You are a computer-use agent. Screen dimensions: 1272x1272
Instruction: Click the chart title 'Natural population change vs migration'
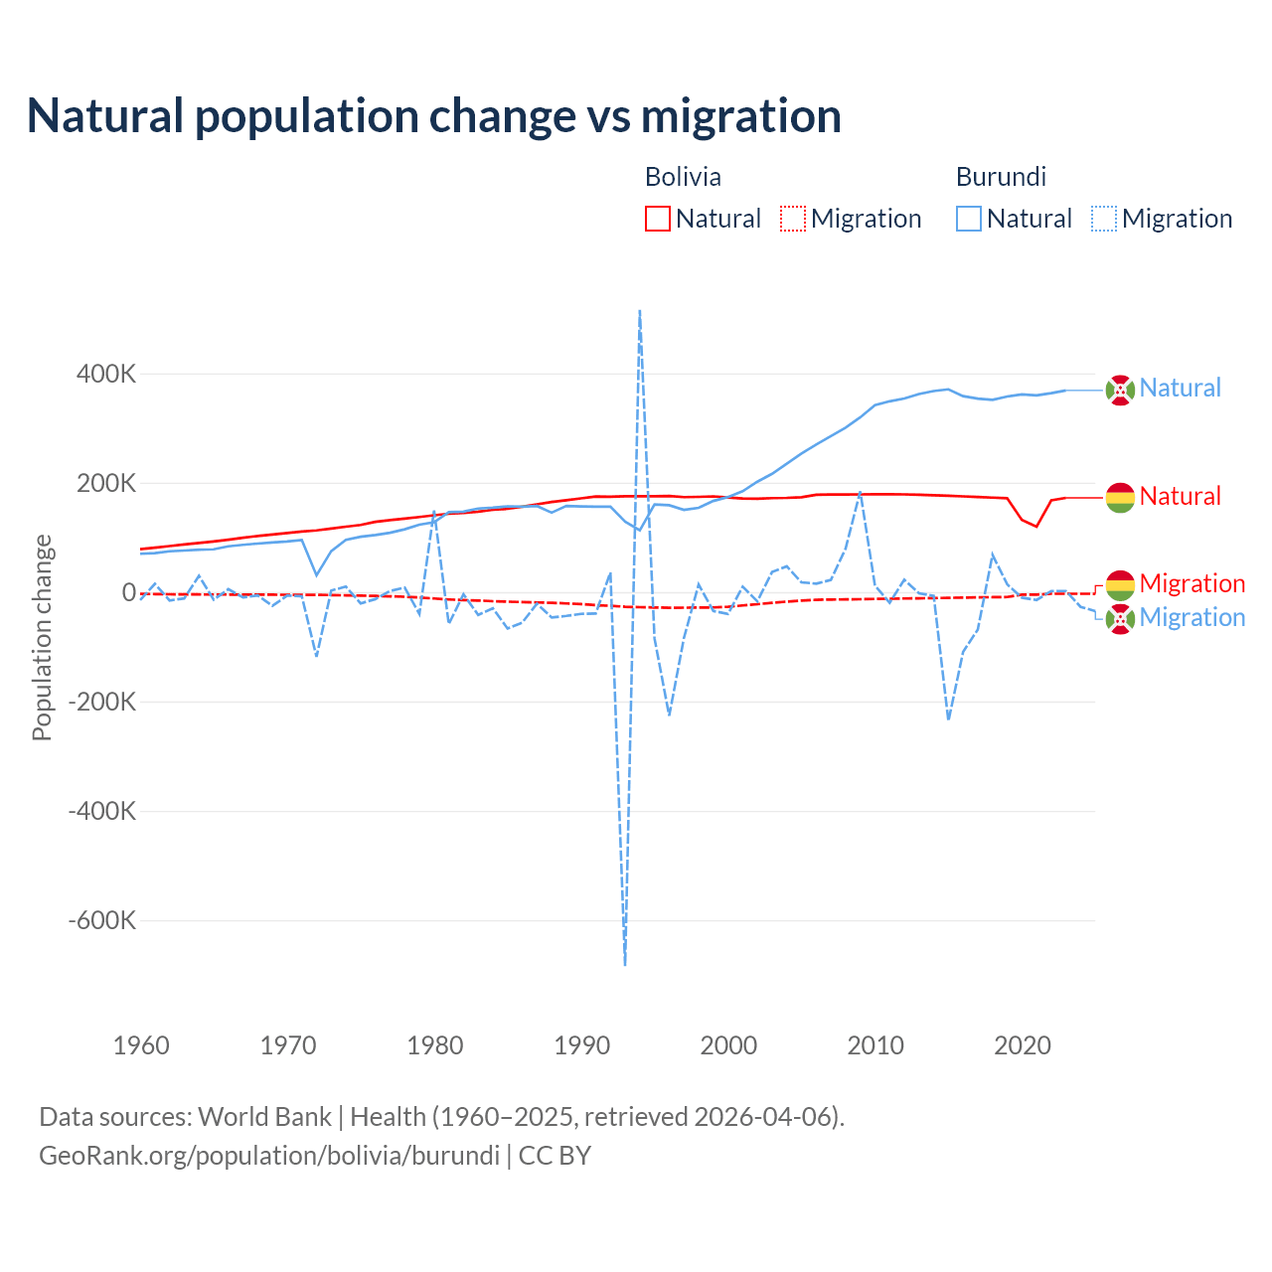pyautogui.click(x=434, y=115)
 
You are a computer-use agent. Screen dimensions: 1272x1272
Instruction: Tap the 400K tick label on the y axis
pyautogui.click(x=106, y=375)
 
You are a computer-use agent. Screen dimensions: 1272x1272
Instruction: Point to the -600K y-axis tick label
pyautogui.click(x=102, y=920)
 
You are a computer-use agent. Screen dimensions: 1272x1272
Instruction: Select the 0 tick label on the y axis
pyautogui.click(x=129, y=592)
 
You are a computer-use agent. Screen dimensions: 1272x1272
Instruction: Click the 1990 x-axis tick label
pyautogui.click(x=581, y=1045)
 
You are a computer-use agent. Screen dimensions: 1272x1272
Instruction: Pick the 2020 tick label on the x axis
pyautogui.click(x=1023, y=1045)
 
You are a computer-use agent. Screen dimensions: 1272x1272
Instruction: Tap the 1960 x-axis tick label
pyautogui.click(x=141, y=1045)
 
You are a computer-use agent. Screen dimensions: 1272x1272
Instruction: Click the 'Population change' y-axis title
pyautogui.click(x=42, y=637)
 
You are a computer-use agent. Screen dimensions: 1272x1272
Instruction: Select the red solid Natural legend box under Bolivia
pyautogui.click(x=658, y=219)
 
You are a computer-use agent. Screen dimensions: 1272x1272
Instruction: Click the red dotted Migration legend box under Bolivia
pyautogui.click(x=793, y=219)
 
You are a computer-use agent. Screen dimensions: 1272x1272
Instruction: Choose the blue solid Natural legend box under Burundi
pyautogui.click(x=969, y=219)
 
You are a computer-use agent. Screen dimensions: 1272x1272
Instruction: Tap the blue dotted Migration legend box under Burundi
pyautogui.click(x=1104, y=219)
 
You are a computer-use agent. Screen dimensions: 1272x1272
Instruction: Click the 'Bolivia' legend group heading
pyautogui.click(x=683, y=177)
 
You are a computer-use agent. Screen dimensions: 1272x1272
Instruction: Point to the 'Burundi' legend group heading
pyautogui.click(x=1001, y=177)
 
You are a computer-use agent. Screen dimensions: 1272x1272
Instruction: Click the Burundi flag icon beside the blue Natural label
pyautogui.click(x=1120, y=391)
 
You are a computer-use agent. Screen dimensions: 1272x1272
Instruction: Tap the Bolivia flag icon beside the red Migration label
pyautogui.click(x=1120, y=584)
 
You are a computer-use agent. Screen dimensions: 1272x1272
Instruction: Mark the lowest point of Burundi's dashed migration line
pyautogui.click(x=625, y=964)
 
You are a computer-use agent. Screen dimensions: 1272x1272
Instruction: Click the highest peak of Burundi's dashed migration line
pyautogui.click(x=639, y=311)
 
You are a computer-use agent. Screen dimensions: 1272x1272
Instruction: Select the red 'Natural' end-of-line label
pyautogui.click(x=1180, y=496)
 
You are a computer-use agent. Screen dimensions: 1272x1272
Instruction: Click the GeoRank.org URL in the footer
pyautogui.click(x=269, y=1156)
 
